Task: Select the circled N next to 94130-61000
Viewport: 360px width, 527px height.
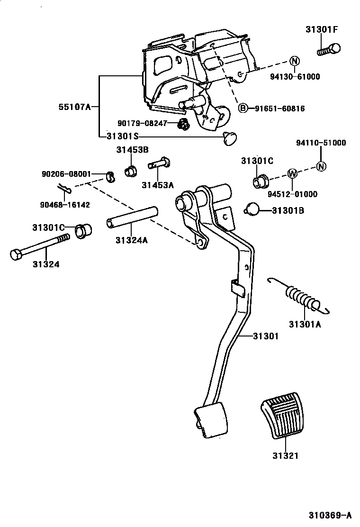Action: click(294, 61)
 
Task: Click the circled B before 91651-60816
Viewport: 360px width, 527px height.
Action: click(243, 109)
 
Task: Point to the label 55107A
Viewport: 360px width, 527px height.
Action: click(74, 107)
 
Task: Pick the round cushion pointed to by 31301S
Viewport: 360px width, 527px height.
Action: click(230, 138)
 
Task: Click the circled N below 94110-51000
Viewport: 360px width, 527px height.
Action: click(321, 166)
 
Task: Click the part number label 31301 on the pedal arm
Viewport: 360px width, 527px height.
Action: click(265, 336)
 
